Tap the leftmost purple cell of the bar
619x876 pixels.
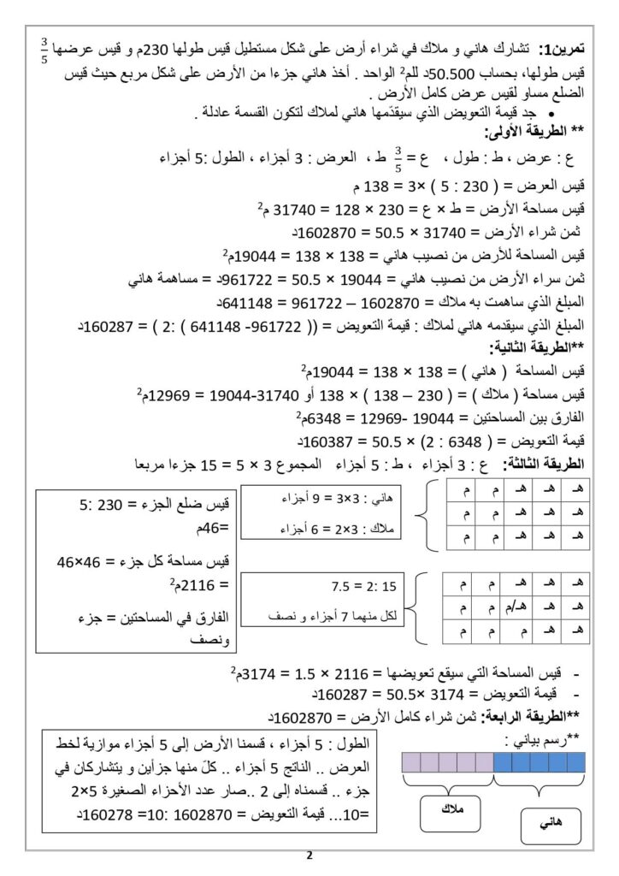click(x=410, y=761)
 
